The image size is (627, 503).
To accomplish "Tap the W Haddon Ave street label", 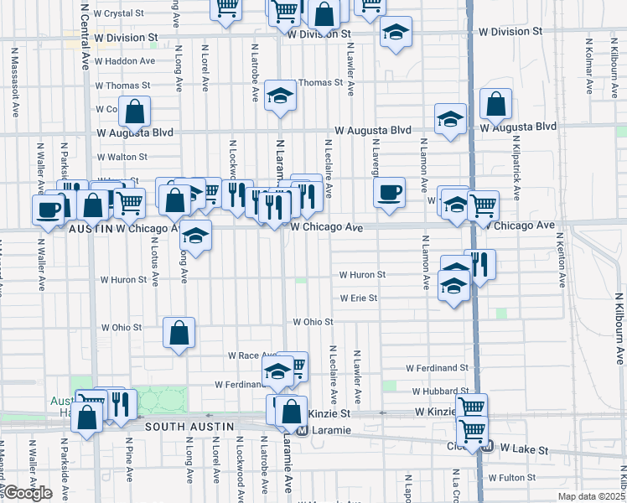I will [x=125, y=61].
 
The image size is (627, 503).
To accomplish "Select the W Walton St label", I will [x=122, y=157].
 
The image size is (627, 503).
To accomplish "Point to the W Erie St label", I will [x=358, y=298].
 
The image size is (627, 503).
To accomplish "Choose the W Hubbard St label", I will [x=439, y=392].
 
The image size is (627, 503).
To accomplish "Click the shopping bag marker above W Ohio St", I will [x=179, y=333].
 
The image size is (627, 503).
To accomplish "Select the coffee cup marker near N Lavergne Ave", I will [x=389, y=192].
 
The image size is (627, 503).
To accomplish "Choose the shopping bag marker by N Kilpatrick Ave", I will [x=496, y=104].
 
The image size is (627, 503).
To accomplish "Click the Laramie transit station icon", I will [x=303, y=431].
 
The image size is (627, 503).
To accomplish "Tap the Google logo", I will [x=28, y=494].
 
